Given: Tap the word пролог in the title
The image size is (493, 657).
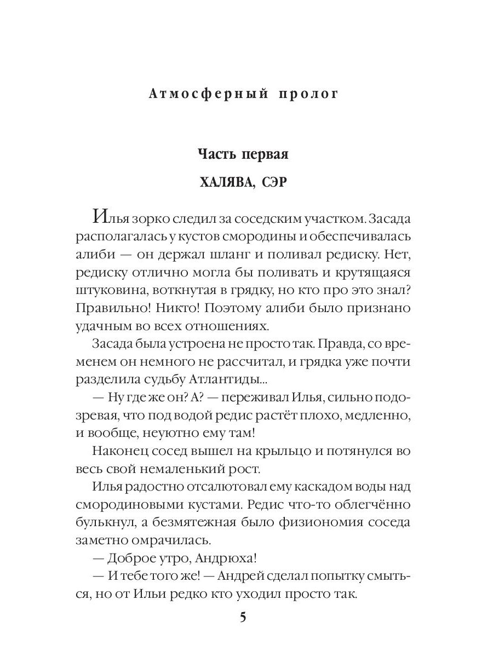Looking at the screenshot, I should coord(309,94).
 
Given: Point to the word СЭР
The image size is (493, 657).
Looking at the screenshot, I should coord(274,182).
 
